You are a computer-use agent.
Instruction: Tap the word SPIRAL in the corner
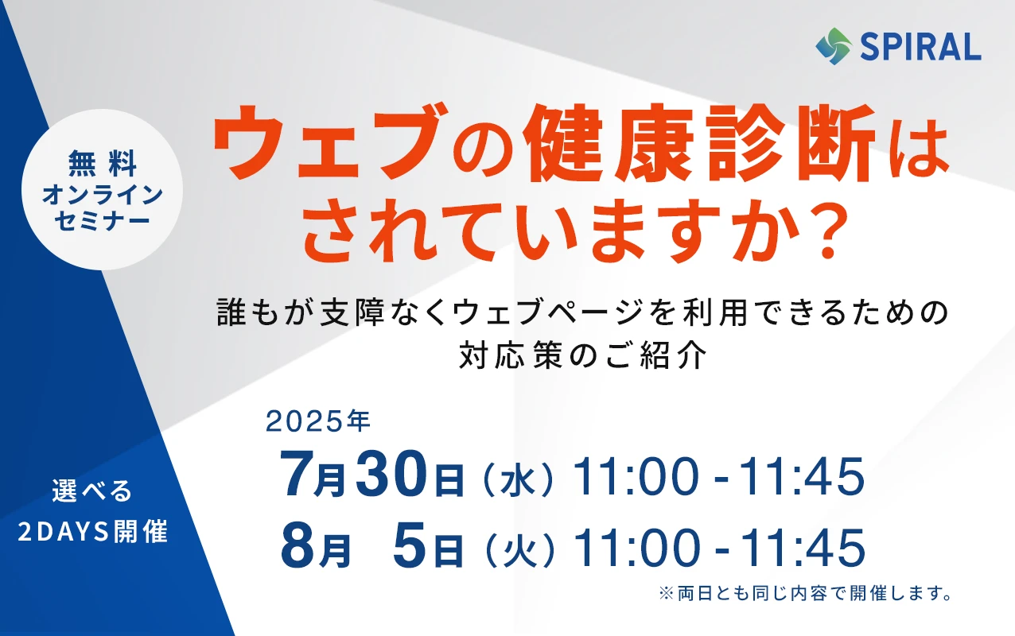click(920, 47)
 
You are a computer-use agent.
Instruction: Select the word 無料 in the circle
click(103, 163)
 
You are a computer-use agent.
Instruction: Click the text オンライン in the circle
click(103, 195)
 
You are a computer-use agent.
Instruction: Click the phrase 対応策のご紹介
click(583, 355)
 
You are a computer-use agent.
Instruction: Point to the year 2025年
click(318, 421)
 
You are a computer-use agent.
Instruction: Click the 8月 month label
click(316, 547)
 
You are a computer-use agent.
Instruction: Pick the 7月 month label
click(313, 475)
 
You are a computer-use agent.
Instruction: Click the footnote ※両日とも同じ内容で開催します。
click(805, 593)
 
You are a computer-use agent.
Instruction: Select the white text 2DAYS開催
click(93, 531)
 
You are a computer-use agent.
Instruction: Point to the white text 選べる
click(92, 491)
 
